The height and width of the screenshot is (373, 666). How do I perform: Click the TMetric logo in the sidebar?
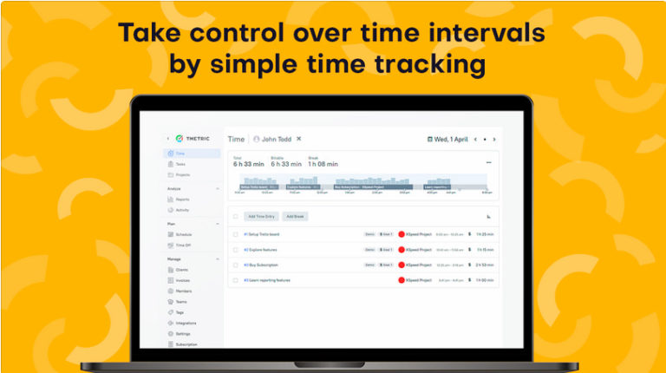(x=191, y=139)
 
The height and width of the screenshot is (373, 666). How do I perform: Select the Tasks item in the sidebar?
(x=180, y=164)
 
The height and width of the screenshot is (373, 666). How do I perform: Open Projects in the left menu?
(x=182, y=174)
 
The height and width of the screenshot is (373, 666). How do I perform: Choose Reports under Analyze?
(x=182, y=200)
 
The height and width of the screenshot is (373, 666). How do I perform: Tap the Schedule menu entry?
(x=184, y=234)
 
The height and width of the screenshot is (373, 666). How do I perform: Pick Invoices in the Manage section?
(x=183, y=280)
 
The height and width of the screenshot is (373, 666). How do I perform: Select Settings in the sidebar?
(x=183, y=333)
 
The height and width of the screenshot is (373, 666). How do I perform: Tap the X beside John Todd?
(x=299, y=139)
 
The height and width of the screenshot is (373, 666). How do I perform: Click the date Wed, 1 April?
(x=451, y=139)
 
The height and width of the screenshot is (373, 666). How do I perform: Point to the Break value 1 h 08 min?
(x=323, y=164)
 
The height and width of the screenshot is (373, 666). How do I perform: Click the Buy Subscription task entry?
(x=261, y=265)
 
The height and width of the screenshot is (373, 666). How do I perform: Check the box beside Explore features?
(x=235, y=250)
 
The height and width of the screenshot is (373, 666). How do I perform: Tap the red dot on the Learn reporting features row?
(x=402, y=280)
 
